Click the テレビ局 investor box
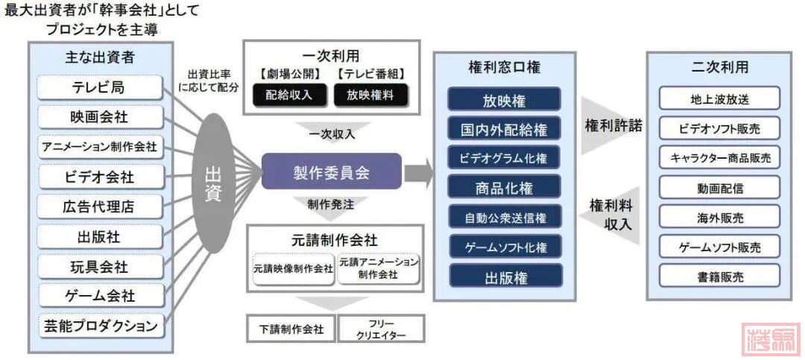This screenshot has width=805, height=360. coord(99,87)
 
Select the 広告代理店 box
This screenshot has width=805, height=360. coord(99,206)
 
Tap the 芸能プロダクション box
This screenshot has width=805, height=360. coord(99,326)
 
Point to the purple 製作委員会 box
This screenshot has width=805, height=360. coord(331,173)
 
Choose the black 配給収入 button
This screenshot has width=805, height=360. coord(284,95)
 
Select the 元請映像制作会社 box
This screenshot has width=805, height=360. coord(293,268)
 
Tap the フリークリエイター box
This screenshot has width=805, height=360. coord(381,329)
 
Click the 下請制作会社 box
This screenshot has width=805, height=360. coord(291,329)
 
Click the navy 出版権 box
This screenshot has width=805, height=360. coord(504,277)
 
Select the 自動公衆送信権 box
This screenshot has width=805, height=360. coord(504,218)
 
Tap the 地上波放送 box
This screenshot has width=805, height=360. coord(719,98)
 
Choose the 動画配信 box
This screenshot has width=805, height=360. coord(719,187)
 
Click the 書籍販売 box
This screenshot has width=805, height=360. coord(719,277)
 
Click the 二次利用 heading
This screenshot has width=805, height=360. coord(720,68)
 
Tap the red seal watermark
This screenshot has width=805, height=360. coord(771,341)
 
